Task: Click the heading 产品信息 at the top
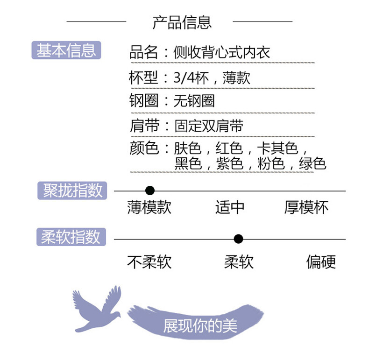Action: tap(182, 22)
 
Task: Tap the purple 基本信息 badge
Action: tap(66, 50)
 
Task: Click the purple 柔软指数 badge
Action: tap(71, 237)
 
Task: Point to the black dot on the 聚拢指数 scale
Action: tap(149, 191)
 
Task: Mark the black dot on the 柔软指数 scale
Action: tap(238, 239)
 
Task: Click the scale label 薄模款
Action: tap(149, 207)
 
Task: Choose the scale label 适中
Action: tap(230, 207)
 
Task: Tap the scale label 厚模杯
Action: tap(306, 207)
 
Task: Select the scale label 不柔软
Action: tap(149, 262)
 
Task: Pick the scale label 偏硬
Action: tap(321, 262)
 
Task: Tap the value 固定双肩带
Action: tap(209, 126)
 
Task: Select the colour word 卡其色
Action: tap(277, 148)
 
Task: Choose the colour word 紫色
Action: tap(229, 163)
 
